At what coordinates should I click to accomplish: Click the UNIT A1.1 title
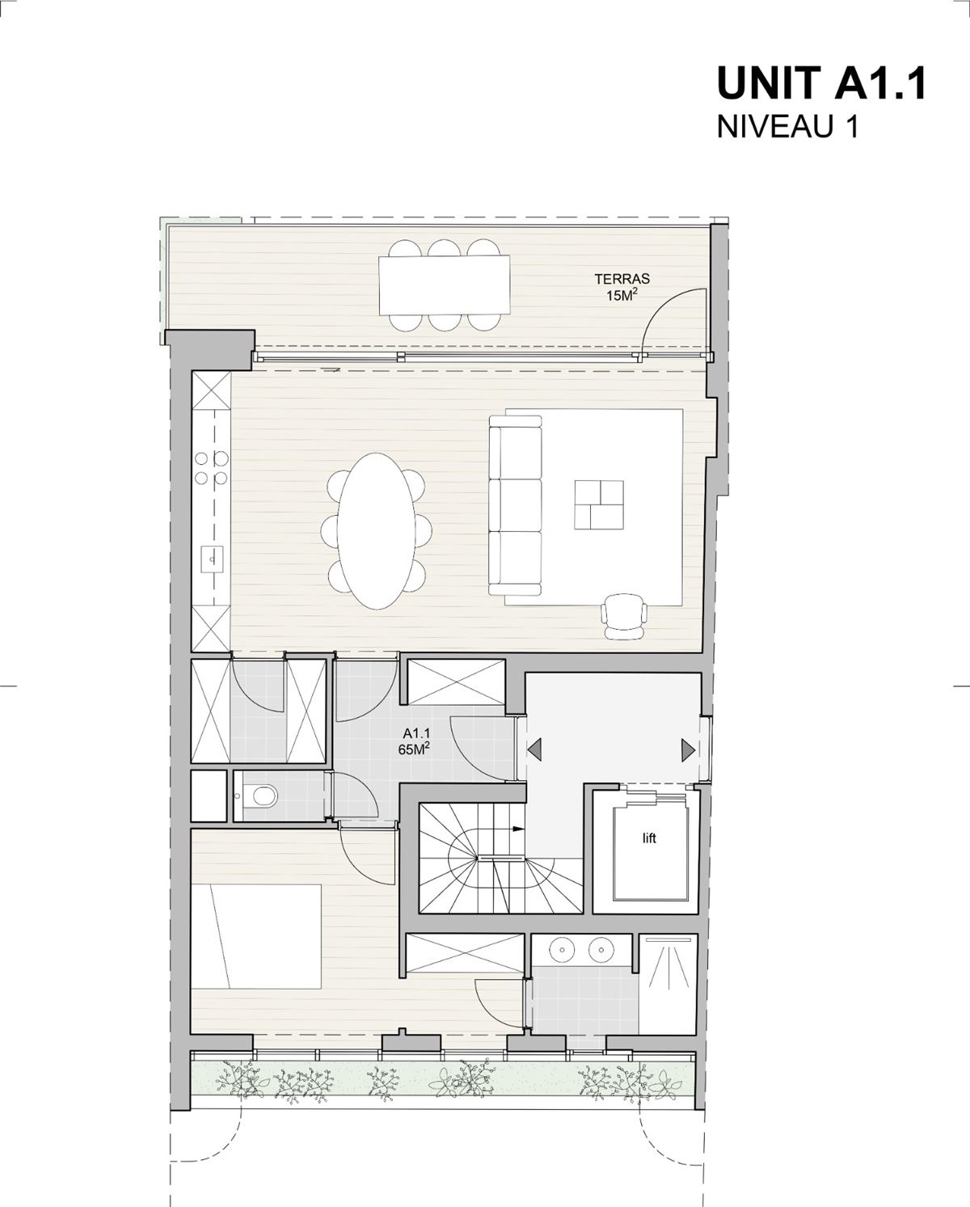pos(821,83)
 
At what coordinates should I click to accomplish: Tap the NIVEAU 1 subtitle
pos(787,127)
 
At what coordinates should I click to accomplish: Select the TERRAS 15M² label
pos(622,287)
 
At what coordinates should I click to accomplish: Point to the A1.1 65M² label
pos(416,741)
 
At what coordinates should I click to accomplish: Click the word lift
pos(649,839)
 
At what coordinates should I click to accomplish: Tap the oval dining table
pos(377,530)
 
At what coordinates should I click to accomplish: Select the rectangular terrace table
pos(445,285)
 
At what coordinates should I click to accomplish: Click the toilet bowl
pos(264,796)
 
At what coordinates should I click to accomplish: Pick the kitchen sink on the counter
pos(212,559)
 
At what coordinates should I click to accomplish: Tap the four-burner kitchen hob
pos(212,468)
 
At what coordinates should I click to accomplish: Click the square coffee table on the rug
pos(599,504)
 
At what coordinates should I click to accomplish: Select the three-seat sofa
pos(515,504)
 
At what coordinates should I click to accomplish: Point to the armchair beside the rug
pos(624,616)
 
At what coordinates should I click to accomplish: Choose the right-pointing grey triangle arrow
pos(689,750)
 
